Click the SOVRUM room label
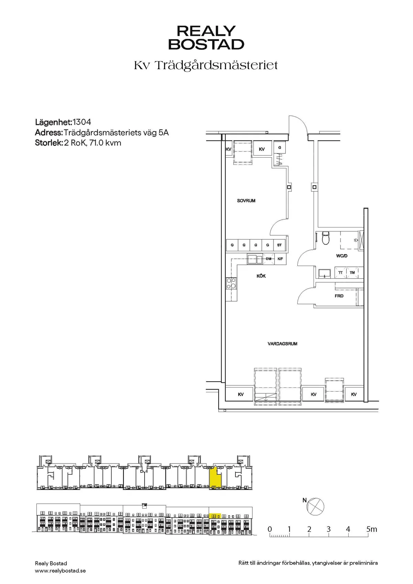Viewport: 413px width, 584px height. pos(246,201)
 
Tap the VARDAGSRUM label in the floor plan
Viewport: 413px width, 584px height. pos(282,344)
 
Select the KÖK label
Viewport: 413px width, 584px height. pos(261,276)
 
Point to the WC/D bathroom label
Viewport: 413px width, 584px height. pos(341,256)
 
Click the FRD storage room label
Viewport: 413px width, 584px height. pos(339,296)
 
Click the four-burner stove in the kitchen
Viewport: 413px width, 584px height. pos(231,283)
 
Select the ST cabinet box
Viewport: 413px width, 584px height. pos(279,245)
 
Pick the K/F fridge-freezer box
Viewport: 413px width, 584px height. pos(280,259)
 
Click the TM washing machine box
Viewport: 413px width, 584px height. pos(352,273)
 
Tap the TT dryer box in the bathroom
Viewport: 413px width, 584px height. pos(340,273)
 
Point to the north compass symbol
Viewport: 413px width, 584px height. pos(316,507)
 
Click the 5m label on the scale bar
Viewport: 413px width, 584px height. pos(372,529)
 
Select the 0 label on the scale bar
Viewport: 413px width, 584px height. pos(269,529)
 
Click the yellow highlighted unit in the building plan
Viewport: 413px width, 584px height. pos(215,478)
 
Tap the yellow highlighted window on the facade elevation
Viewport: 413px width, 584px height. pos(215,516)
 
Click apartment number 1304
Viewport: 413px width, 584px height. pos(82,122)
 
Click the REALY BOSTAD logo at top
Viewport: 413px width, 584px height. pos(206,38)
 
